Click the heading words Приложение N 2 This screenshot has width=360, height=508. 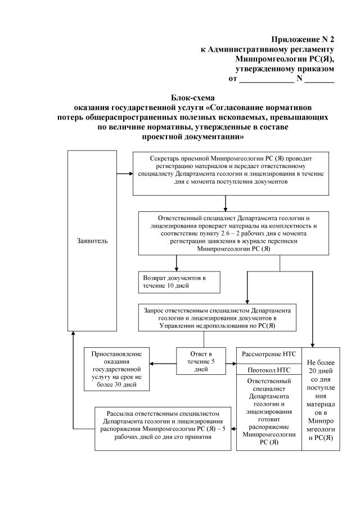303,39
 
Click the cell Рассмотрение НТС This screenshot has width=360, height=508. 268,355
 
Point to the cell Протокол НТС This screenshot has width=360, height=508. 268,370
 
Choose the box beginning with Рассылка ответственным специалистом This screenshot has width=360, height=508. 163,429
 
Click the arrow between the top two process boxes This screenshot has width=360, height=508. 225,202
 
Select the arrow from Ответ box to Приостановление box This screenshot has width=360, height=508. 163,363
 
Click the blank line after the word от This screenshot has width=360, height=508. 266,80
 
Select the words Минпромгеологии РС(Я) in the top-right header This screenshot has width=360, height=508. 286,59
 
